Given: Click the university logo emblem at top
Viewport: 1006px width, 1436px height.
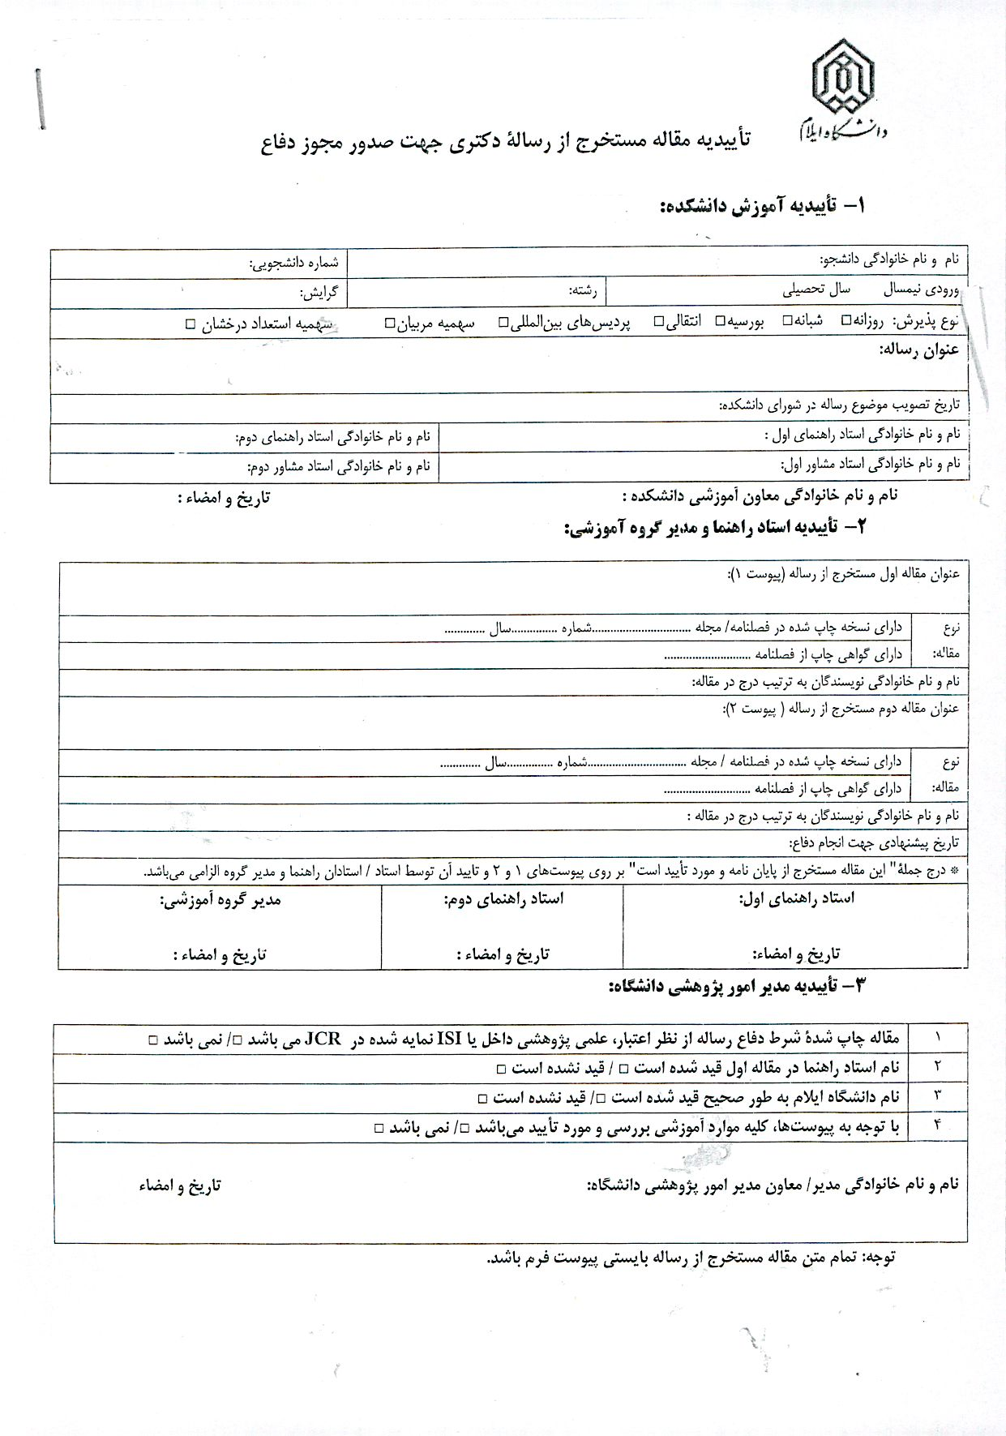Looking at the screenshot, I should pyautogui.click(x=844, y=77).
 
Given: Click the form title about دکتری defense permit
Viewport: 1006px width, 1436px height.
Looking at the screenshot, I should pyautogui.click(x=506, y=143).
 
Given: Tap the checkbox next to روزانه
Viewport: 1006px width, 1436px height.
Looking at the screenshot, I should pyautogui.click(x=845, y=320).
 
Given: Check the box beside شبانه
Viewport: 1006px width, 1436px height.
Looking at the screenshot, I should pyautogui.click(x=786, y=320).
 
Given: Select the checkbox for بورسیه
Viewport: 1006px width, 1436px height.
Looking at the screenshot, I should pyautogui.click(x=720, y=321).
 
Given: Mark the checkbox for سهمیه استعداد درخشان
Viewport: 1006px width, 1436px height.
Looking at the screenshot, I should pyautogui.click(x=190, y=324).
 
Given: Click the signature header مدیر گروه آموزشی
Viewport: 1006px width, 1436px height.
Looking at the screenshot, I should pyautogui.click(x=220, y=900).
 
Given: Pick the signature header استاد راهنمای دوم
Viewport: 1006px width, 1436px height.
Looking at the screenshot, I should pyautogui.click(x=503, y=899).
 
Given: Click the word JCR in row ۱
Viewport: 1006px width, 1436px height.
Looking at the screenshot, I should pyautogui.click(x=322, y=1039).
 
